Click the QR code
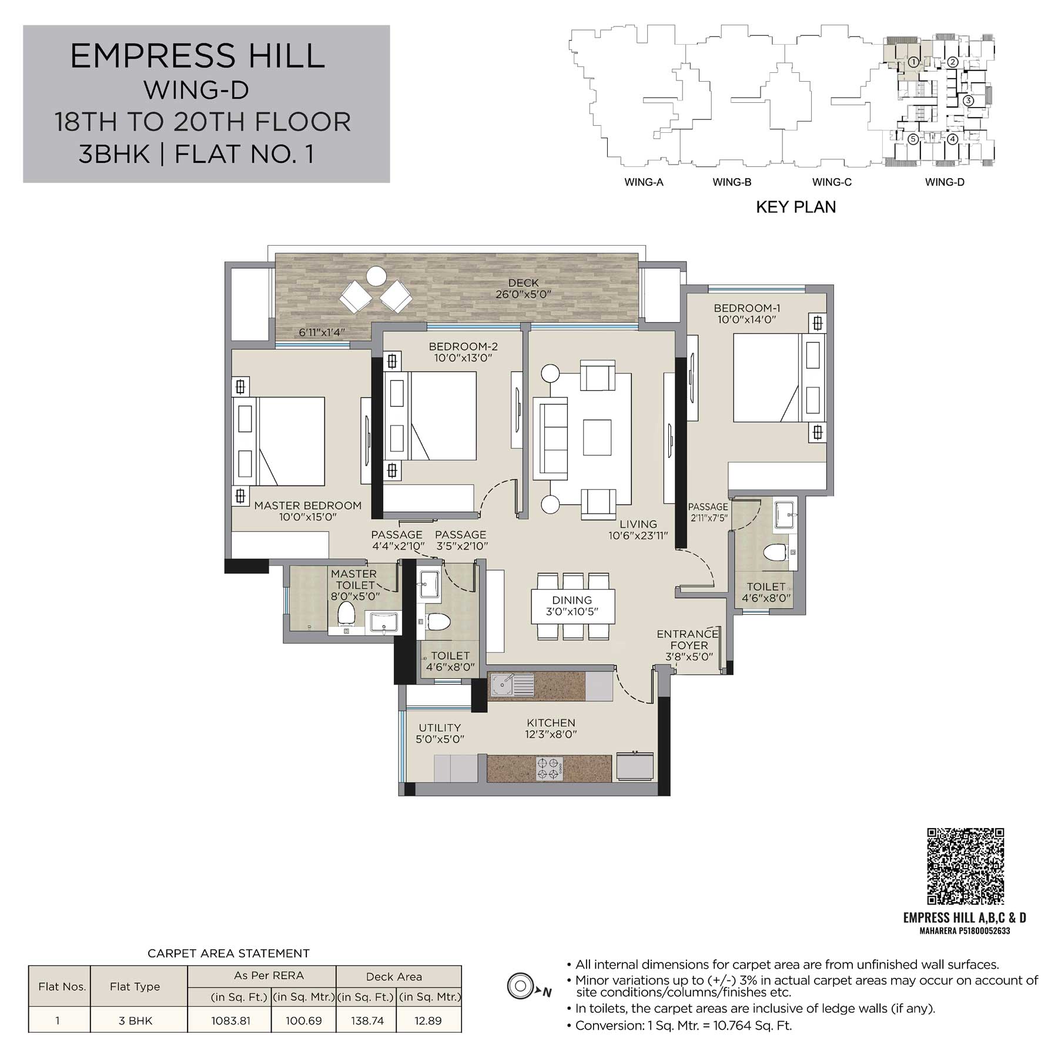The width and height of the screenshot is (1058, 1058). (965, 866)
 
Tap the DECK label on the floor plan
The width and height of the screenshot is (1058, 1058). (523, 283)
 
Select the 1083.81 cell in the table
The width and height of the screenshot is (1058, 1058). (230, 1021)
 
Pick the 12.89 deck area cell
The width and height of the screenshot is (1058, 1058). (428, 1021)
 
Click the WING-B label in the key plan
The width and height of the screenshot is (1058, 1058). (732, 182)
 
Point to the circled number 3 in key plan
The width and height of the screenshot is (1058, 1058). (969, 101)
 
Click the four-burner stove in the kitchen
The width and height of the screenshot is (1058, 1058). (550, 768)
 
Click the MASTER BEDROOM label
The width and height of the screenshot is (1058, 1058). (308, 505)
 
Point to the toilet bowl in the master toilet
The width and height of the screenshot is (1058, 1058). (346, 613)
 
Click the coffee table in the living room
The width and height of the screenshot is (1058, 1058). (597, 437)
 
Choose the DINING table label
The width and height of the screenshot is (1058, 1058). (572, 600)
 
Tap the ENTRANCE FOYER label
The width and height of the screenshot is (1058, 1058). (688, 640)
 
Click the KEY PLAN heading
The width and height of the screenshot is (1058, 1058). (796, 207)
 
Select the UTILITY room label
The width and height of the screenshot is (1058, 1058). (440, 728)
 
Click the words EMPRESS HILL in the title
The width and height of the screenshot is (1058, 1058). (197, 56)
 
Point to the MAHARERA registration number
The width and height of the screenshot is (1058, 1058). (965, 931)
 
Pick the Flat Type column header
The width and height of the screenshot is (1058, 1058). (135, 987)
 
